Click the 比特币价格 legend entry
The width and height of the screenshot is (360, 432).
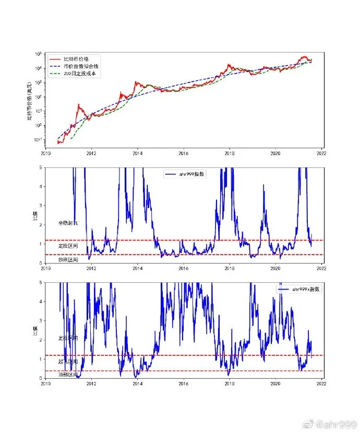click(75, 59)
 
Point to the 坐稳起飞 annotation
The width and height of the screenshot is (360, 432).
click(68, 223)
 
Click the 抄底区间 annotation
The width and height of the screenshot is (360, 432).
click(68, 259)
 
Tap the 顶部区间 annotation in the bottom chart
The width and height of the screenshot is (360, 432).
click(68, 375)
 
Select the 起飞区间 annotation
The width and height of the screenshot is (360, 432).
click(68, 361)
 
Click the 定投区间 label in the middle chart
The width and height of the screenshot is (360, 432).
click(68, 245)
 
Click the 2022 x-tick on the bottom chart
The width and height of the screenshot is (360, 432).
click(321, 383)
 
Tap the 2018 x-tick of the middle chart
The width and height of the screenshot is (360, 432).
click(229, 269)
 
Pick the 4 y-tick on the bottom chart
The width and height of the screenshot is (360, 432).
click(41, 302)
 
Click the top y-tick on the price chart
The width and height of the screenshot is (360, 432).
click(38, 54)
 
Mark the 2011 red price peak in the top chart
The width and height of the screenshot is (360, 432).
click(79, 105)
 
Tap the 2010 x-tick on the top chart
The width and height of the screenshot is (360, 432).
click(45, 154)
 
